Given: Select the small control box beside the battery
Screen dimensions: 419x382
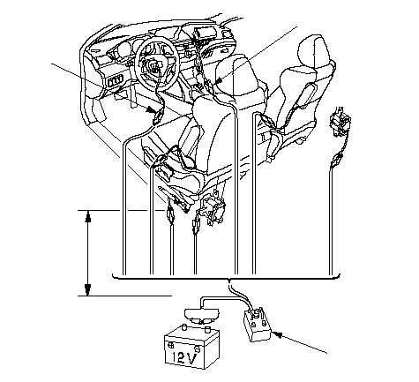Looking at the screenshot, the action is [257, 325].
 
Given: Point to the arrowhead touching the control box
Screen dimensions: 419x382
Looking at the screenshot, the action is [277, 335].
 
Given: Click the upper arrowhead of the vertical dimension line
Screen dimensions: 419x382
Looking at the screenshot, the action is [87, 217].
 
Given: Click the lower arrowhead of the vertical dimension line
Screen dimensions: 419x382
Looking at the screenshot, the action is [87, 289].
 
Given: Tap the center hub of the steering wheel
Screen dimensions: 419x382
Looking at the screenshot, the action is [153, 65].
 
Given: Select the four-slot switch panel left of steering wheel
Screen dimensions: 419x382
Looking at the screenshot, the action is [116, 81].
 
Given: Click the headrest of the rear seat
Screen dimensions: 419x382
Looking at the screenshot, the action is [312, 51].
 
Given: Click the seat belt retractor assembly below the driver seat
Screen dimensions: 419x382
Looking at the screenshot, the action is [212, 209].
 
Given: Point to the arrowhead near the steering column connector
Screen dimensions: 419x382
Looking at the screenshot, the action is [153, 110].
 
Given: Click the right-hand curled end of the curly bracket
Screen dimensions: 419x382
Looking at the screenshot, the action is [339, 275].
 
